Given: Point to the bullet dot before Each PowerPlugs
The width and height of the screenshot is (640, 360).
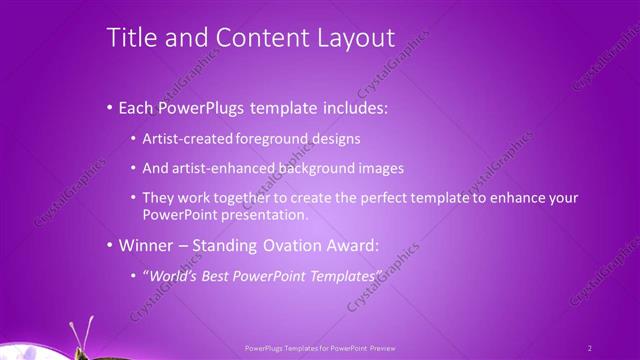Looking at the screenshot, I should [110, 106].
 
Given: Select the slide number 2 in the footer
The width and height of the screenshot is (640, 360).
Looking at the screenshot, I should [590, 348].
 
